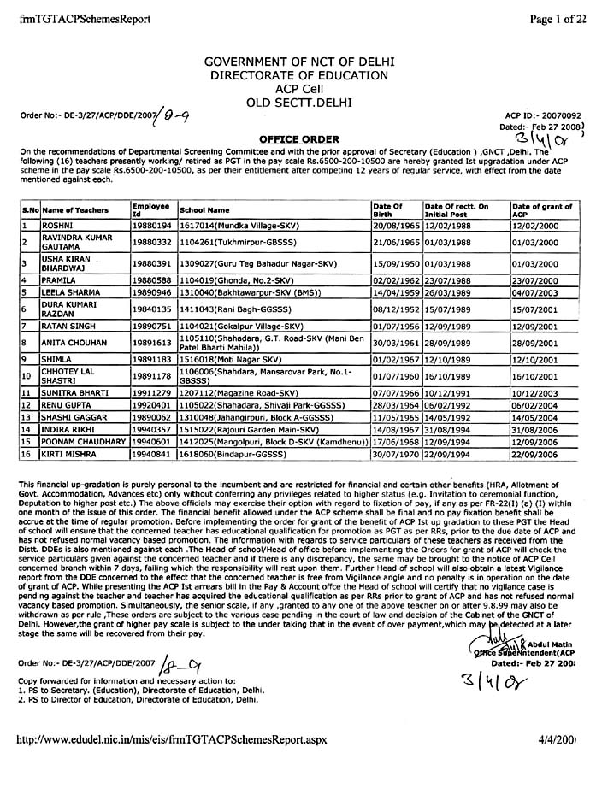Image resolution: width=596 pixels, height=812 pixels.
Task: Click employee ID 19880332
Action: [151, 243]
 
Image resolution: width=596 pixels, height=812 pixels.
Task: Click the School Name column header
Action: [205, 209]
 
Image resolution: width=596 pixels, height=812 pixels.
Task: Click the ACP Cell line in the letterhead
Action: [297, 87]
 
